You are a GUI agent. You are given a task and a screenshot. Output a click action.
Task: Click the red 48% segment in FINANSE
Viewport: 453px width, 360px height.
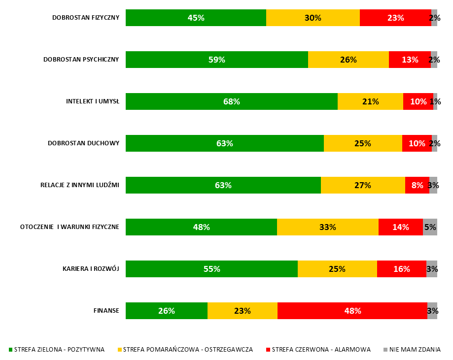click(352, 311)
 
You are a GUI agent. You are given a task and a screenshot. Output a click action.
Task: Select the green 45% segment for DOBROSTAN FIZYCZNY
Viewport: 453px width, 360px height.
click(196, 18)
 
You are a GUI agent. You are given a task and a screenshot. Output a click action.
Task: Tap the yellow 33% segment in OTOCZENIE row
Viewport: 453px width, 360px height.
click(327, 227)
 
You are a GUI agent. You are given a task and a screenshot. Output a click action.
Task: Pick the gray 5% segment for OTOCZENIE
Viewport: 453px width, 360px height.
click(430, 227)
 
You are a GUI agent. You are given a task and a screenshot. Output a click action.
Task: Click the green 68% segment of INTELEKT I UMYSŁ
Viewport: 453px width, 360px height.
click(231, 101)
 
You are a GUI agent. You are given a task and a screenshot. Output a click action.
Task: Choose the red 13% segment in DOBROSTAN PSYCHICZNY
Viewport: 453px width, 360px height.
click(409, 60)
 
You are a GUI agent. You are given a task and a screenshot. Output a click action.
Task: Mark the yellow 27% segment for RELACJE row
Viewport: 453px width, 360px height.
click(363, 185)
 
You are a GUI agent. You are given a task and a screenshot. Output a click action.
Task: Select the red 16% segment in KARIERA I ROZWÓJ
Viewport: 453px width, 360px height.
click(401, 269)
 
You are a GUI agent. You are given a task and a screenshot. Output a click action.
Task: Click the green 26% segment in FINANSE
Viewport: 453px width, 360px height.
click(166, 311)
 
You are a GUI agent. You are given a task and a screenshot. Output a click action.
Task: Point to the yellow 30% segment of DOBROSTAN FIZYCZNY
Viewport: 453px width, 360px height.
click(313, 18)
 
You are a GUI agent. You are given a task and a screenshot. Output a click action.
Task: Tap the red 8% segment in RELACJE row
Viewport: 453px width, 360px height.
click(417, 185)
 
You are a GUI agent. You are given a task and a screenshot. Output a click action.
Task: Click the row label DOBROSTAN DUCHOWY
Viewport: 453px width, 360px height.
click(83, 143)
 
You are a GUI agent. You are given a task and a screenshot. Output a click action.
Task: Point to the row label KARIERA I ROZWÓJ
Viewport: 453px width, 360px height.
click(91, 269)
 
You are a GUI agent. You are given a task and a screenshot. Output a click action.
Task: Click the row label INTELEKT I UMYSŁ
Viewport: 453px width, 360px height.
click(93, 101)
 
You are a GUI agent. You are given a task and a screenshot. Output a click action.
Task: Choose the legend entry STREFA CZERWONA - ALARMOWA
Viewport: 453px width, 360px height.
click(321, 350)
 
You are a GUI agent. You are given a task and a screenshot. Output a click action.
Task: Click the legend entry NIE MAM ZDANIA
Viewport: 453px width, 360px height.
click(415, 350)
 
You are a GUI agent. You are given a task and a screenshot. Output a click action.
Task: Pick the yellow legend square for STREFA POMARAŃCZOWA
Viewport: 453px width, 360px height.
click(119, 350)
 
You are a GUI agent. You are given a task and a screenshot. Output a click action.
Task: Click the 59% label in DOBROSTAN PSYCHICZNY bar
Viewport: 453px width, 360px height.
click(216, 60)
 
